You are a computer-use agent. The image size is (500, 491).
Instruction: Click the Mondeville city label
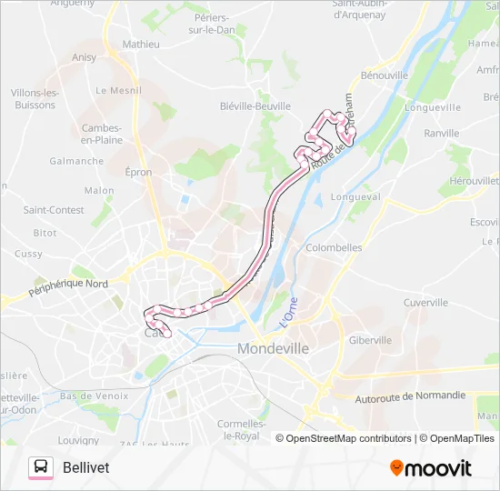click(x=275, y=348)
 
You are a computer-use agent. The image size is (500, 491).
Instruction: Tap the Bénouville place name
click(x=385, y=75)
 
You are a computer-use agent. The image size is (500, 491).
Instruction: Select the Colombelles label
click(x=335, y=247)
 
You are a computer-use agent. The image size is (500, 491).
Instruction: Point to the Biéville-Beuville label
click(x=255, y=105)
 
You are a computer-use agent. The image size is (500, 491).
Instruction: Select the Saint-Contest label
click(x=54, y=210)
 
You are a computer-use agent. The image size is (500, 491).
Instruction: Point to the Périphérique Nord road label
click(x=68, y=289)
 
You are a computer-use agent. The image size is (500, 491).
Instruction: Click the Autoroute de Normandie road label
click(x=410, y=396)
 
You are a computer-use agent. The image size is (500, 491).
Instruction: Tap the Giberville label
click(x=370, y=340)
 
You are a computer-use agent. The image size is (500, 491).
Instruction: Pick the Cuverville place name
click(x=425, y=303)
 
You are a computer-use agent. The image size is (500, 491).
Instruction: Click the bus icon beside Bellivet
click(x=41, y=467)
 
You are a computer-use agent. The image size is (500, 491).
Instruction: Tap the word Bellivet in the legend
click(x=87, y=467)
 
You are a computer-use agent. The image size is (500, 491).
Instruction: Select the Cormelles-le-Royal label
click(x=242, y=429)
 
